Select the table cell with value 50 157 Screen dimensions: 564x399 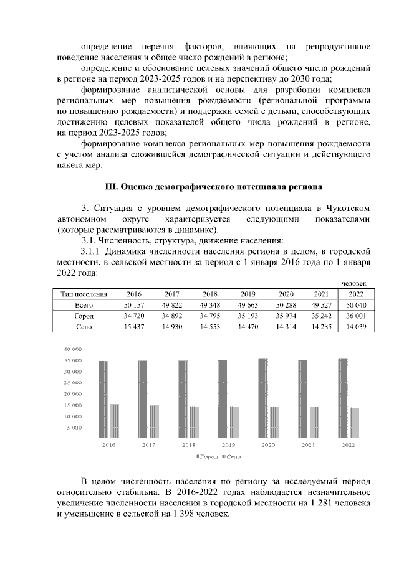click(x=133, y=305)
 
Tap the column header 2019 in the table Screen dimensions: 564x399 click(x=248, y=294)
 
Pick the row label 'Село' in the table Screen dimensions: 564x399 click(x=84, y=326)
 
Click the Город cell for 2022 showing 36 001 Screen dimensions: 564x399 click(x=356, y=316)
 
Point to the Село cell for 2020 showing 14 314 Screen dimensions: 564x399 click(x=286, y=326)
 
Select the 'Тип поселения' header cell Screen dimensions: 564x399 click(x=84, y=294)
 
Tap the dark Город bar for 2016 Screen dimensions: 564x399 click(x=103, y=400)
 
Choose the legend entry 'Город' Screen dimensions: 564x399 click(x=207, y=456)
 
